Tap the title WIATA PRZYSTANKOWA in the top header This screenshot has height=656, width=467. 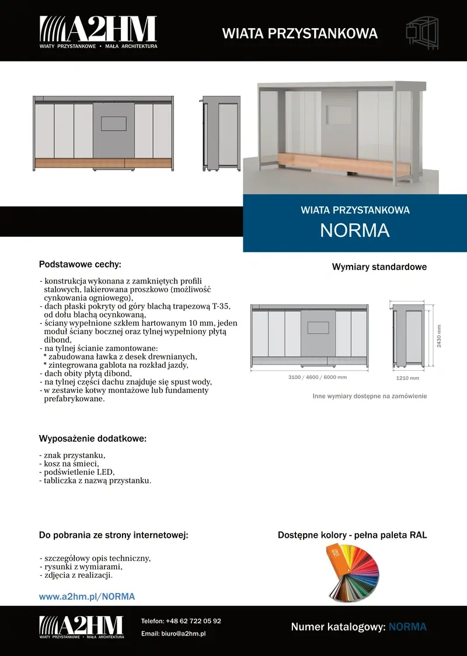[x=300, y=33]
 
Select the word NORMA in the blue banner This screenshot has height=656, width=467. [x=355, y=230]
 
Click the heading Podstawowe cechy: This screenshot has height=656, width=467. [x=80, y=264]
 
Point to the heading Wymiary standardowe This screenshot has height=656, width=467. [x=379, y=267]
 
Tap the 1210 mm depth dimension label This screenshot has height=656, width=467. [x=408, y=378]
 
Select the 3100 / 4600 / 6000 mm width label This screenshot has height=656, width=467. [x=309, y=377]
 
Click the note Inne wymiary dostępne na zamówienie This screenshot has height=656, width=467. [x=370, y=396]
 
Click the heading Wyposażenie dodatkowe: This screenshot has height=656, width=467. [x=92, y=439]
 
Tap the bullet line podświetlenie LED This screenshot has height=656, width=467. [x=77, y=472]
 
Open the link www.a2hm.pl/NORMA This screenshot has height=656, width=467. [x=87, y=596]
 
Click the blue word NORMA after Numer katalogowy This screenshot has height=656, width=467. [x=407, y=627]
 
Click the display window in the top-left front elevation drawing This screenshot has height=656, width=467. [x=114, y=123]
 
